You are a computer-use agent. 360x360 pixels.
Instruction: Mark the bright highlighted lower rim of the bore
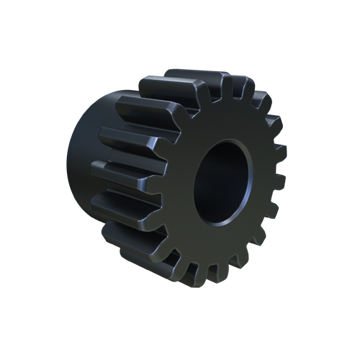229,216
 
